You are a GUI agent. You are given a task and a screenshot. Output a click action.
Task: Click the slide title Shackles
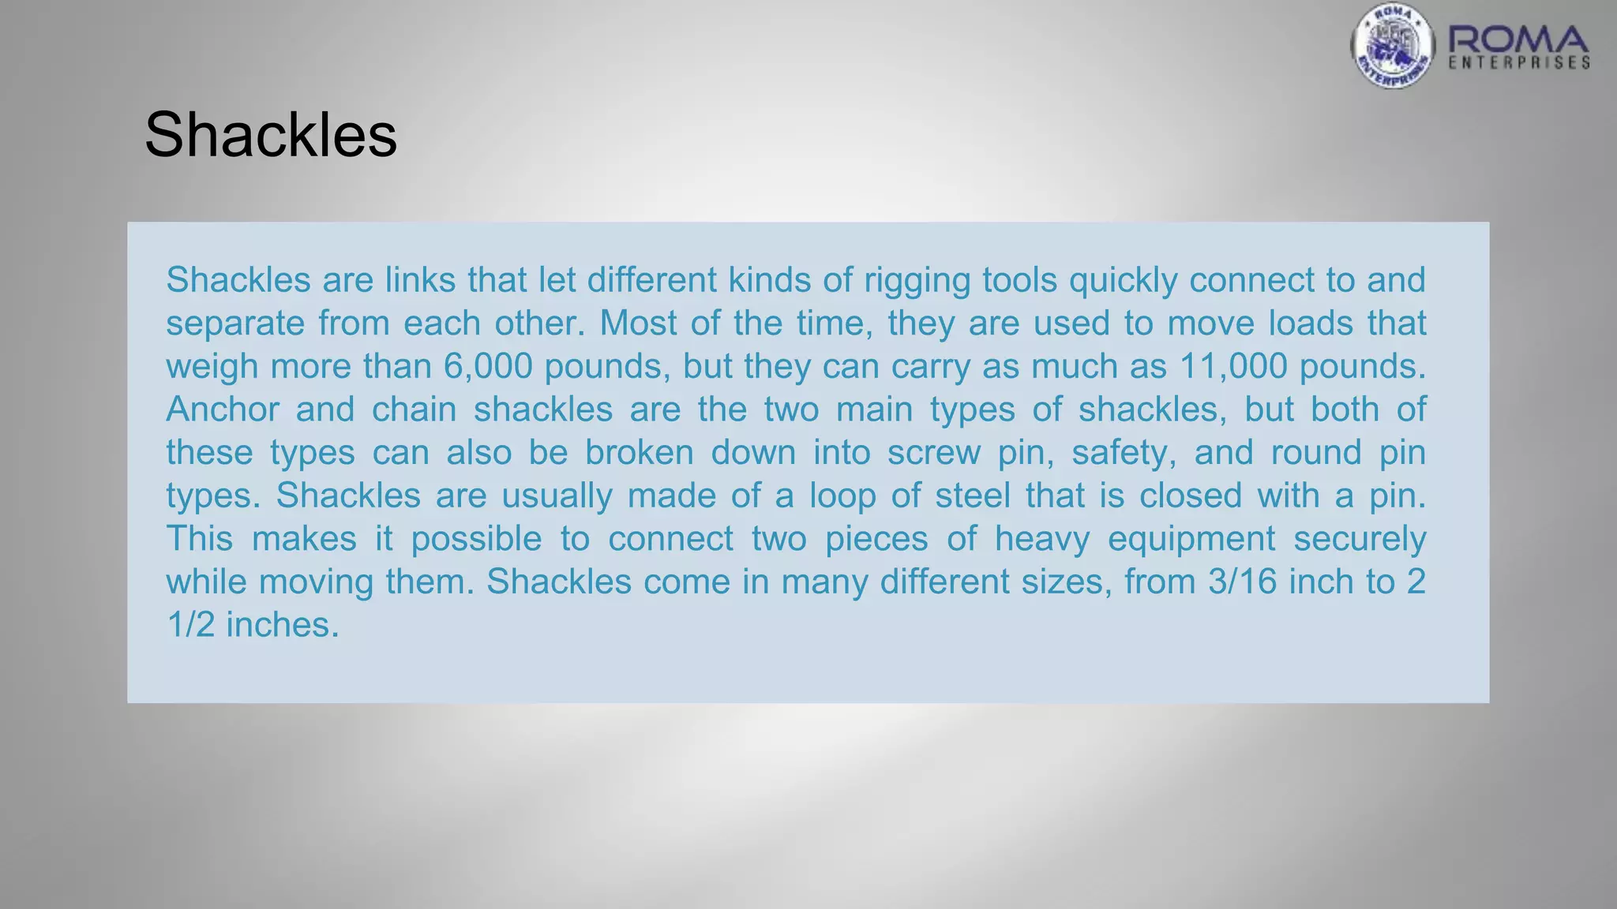pos(271,135)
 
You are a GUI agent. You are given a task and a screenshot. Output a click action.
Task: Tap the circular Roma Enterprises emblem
pos(1392,46)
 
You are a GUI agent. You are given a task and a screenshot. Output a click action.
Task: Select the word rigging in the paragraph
pos(917,281)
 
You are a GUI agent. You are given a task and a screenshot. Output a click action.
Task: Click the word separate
pos(234,324)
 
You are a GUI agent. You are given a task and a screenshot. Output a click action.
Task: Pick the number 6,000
pos(489,367)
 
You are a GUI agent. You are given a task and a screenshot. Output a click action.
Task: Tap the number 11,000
pos(1234,367)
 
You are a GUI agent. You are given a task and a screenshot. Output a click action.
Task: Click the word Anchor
pos(223,410)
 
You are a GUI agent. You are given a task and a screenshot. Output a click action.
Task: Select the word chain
pos(414,410)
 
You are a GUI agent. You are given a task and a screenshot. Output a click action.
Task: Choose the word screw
pos(933,453)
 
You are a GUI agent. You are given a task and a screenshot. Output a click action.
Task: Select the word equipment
pos(1191,539)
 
